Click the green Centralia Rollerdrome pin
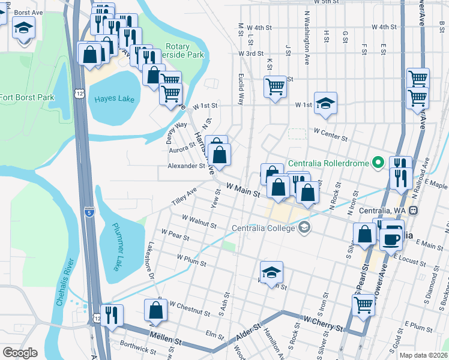click(378, 163)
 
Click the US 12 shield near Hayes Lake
click(79, 93)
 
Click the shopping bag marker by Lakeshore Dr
click(156, 311)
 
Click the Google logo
click(20, 353)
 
